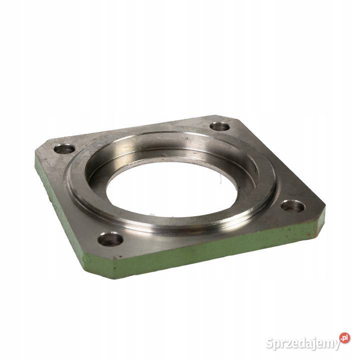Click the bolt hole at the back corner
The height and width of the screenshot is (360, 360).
tap(219, 126)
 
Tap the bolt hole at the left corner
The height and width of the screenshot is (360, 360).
tap(64, 149)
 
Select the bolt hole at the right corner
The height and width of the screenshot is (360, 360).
tap(293, 206)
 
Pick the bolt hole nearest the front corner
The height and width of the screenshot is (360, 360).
tap(110, 239)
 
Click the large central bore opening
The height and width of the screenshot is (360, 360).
tap(171, 189)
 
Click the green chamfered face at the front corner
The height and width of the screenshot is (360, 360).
tap(99, 266)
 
